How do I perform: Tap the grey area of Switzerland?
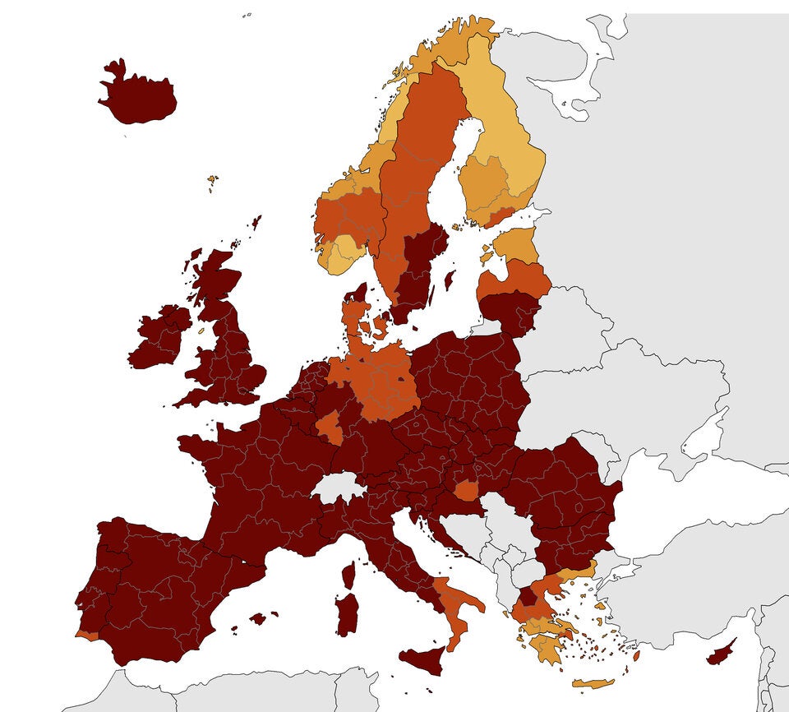pyautogui.click(x=339, y=488)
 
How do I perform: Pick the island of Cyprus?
pyautogui.click(x=721, y=653)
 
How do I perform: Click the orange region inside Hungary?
pyautogui.click(x=467, y=491)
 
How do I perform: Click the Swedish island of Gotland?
pyautogui.click(x=449, y=280)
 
